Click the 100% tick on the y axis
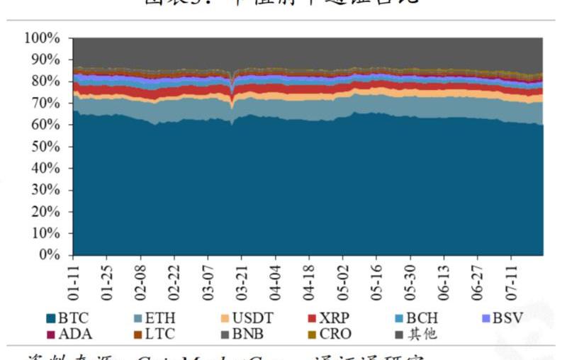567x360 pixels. [43, 38]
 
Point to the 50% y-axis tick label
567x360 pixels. [47, 147]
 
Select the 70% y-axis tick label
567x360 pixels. [47, 103]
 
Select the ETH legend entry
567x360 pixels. [154, 318]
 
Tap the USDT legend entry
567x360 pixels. [246, 318]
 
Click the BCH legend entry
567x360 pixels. [416, 318]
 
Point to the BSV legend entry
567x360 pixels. [503, 318]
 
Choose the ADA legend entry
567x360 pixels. [69, 334]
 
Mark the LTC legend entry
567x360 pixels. [154, 334]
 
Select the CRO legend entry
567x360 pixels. [330, 334]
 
